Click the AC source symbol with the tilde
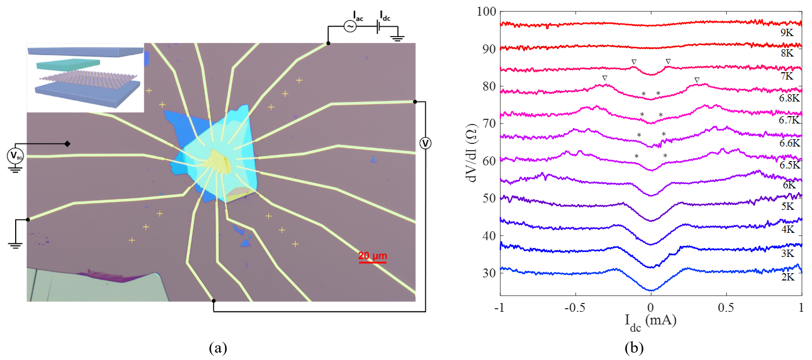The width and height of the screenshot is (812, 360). pos(349,27)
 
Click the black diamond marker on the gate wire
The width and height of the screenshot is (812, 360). pos(67,143)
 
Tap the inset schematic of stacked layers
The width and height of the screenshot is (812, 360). pos(85,77)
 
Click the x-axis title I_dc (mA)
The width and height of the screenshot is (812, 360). pos(650,321)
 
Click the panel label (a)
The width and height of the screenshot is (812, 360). pos(218,347)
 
